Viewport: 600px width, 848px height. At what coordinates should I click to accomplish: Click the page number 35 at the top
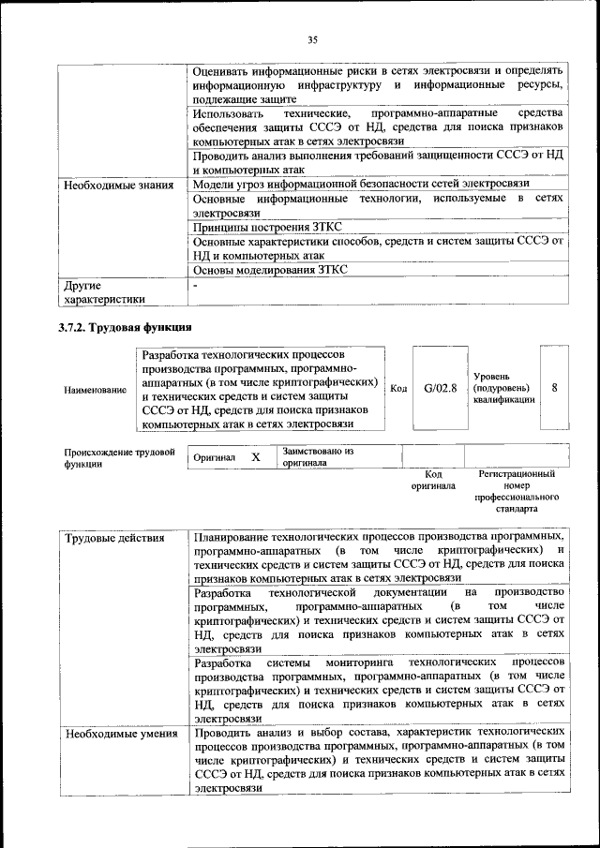tap(313, 39)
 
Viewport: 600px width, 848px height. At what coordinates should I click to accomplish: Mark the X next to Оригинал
tap(255, 456)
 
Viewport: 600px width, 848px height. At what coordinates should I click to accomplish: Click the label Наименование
tap(96, 389)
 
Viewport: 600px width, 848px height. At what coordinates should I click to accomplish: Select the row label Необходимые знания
tap(119, 186)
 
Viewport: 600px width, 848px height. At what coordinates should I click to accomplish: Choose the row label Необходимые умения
tap(121, 733)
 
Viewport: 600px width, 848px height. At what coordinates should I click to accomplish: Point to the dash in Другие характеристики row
tap(196, 285)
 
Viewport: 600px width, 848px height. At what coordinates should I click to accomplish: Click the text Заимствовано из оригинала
tap(317, 456)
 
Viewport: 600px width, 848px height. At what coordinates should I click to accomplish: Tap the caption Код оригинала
tap(432, 481)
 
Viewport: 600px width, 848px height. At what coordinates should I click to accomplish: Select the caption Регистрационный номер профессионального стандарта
tap(516, 492)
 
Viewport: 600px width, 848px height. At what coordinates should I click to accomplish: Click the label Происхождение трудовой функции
tap(119, 458)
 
